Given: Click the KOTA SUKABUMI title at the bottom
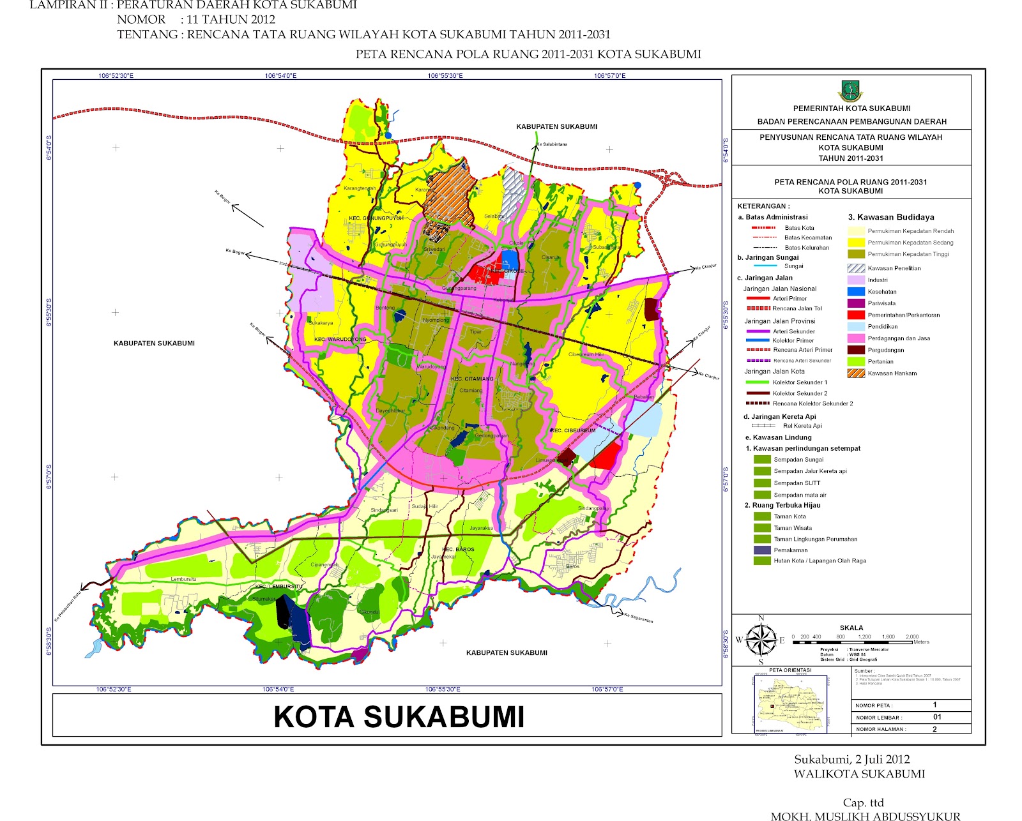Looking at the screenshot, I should pos(399,717).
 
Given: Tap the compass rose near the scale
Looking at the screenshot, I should pos(761,640).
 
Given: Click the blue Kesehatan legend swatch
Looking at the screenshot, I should pos(856,292).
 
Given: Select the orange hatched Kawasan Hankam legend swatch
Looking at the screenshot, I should pos(856,373).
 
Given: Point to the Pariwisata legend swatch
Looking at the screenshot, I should pos(856,303).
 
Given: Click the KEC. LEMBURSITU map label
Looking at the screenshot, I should pos(278,586).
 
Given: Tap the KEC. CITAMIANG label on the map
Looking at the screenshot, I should pos(472,379).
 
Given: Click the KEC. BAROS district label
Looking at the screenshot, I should pos(458,549).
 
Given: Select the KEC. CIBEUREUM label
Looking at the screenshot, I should pos(574,430).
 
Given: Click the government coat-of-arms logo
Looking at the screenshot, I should pos(850,91).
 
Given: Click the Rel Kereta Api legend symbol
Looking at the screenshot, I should pos(763,426).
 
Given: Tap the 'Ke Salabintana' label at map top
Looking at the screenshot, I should pos(551,144).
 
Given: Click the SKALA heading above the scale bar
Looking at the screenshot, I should pos(851,628).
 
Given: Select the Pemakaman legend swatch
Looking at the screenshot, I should pos(762,550).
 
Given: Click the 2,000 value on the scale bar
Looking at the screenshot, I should pos(911,636).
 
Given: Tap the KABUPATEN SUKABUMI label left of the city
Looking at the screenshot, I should pos(154,343).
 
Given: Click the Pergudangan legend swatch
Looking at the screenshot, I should pos(856,350).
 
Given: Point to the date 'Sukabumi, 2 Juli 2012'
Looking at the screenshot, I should pos(851,759).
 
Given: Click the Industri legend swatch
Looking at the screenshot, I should pos(856,280).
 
